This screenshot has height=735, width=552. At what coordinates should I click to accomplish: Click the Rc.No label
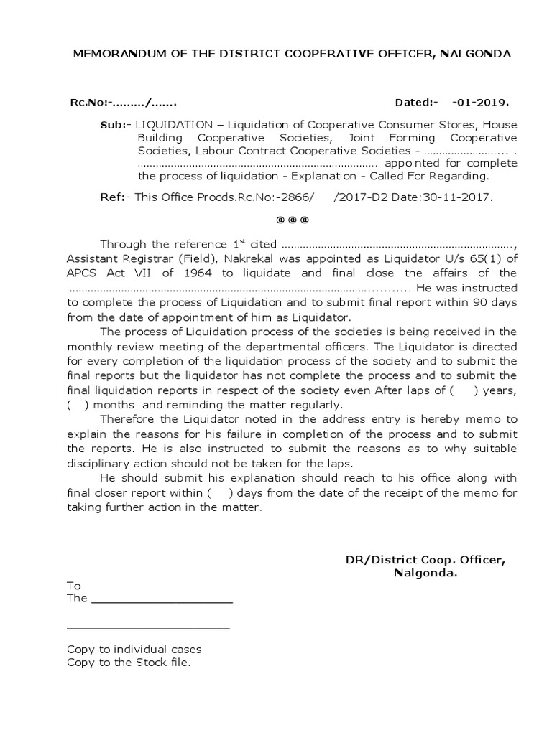click(88, 103)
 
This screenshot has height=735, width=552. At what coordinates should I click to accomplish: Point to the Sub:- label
click(113, 125)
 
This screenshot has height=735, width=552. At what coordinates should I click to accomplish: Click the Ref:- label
click(112, 195)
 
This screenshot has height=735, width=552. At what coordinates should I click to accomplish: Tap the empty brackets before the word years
click(464, 390)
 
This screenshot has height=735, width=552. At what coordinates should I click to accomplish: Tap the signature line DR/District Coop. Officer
click(425, 560)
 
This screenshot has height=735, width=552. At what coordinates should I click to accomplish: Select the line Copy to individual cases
click(134, 649)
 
